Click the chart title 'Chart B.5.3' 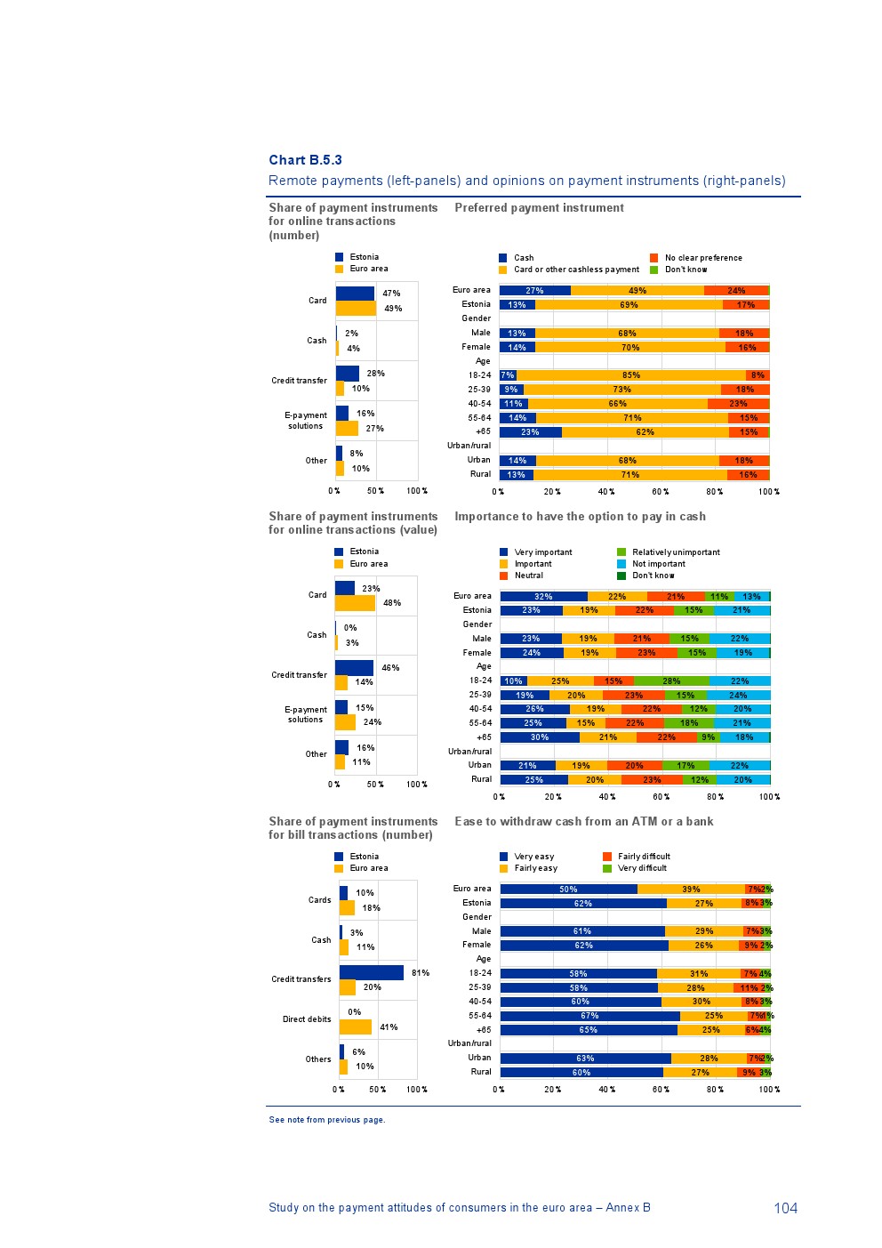305,160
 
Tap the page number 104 785,1207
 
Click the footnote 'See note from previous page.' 327,1120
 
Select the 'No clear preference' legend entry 702,258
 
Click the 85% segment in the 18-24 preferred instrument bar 631,375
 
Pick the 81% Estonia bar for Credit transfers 371,973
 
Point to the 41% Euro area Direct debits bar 355,1027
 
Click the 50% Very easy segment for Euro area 568,889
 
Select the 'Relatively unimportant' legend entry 676,552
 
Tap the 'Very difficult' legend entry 641,868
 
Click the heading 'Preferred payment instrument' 539,208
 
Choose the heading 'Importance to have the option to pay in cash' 580,517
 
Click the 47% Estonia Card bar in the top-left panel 355,294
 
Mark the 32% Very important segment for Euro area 543,597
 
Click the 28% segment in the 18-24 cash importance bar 671,681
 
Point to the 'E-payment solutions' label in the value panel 306,714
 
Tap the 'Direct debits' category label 307,1019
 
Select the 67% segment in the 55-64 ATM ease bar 589,1016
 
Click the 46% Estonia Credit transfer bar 354,668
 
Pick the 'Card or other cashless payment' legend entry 575,270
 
